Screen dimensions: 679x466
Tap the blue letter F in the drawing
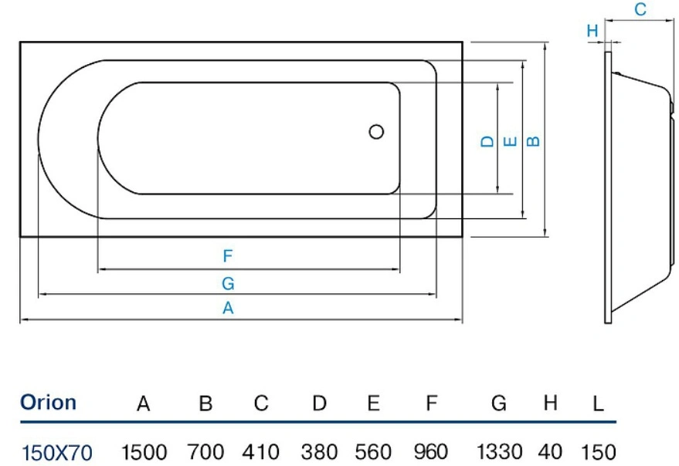[228, 256]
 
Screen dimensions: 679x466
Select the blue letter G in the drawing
[228, 283]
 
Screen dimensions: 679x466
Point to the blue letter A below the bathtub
[228, 308]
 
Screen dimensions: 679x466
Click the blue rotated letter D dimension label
[487, 141]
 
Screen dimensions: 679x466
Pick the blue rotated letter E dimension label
[511, 141]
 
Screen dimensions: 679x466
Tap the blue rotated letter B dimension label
[534, 141]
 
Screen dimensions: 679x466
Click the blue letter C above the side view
[640, 9]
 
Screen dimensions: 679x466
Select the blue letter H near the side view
[592, 31]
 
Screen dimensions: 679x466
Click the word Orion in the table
[49, 403]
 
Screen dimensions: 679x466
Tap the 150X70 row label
[56, 453]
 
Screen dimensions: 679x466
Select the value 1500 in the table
[144, 452]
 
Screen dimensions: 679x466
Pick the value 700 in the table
[205, 452]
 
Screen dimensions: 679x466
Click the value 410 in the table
[260, 452]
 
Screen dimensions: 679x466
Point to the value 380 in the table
[319, 452]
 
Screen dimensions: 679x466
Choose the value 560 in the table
[373, 452]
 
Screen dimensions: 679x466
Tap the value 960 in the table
[431, 452]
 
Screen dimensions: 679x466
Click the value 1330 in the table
[499, 452]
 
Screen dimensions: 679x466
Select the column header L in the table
[598, 404]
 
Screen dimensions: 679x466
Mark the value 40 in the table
[551, 452]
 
